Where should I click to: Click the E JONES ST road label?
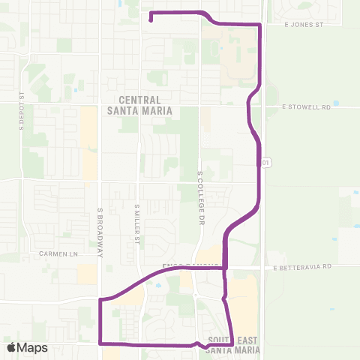[303, 25]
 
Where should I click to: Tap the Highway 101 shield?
[265, 161]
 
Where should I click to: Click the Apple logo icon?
[11, 347]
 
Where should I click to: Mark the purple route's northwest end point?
[151, 20]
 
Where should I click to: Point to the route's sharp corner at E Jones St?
[260, 25]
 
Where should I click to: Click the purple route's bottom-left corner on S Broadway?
[100, 343]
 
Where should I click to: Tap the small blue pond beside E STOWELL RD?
[335, 103]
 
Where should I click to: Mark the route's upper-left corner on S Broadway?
[100, 299]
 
